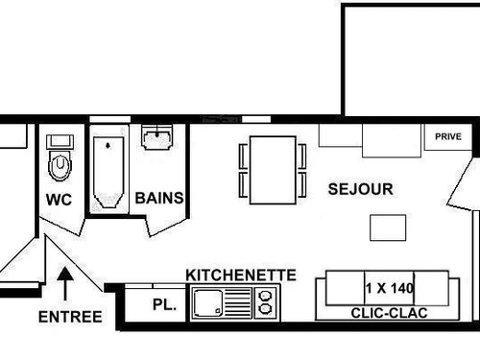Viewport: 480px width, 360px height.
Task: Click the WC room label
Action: pyautogui.click(x=60, y=200)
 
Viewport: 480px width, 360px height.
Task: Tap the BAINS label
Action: pyautogui.click(x=159, y=199)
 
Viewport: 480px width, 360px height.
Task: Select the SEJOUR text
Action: pyautogui.click(x=360, y=189)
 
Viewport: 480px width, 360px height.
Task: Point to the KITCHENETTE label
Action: pyautogui.click(x=241, y=275)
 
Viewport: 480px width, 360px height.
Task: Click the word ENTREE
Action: pyautogui.click(x=70, y=317)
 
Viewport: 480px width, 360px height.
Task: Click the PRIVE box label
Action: pyautogui.click(x=448, y=137)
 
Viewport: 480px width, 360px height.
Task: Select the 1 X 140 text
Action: pyautogui.click(x=389, y=287)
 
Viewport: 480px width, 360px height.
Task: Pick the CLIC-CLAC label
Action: pyautogui.click(x=389, y=313)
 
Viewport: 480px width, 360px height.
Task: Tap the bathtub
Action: pyautogui.click(x=109, y=169)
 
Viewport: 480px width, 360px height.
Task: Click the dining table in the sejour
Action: pyautogui.click(x=273, y=169)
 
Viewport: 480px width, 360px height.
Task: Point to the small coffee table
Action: pyautogui.click(x=388, y=228)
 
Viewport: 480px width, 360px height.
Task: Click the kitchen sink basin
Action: pyautogui.click(x=208, y=304)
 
